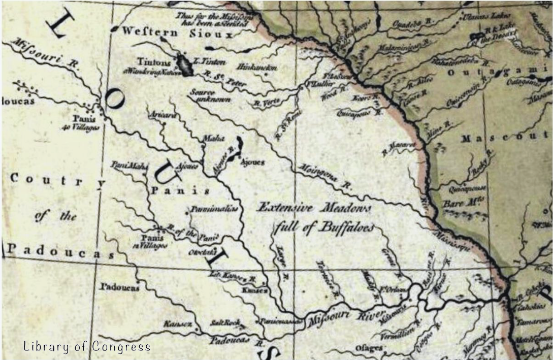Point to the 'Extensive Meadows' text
pyautogui.click(x=314, y=208)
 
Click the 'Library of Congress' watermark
pyautogui.click(x=87, y=347)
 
